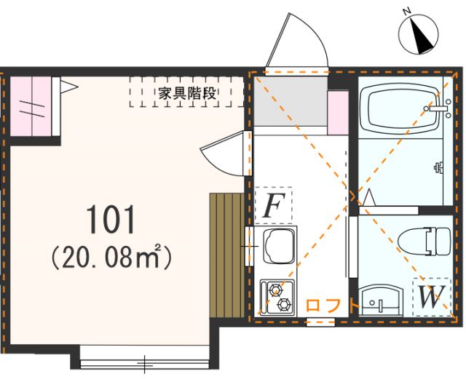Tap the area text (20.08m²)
point(111,256)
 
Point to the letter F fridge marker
point(273,206)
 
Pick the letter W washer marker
point(431,297)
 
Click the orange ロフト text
point(331,306)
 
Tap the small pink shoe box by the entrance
point(338,111)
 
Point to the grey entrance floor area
point(289,99)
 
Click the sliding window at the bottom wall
point(146,362)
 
